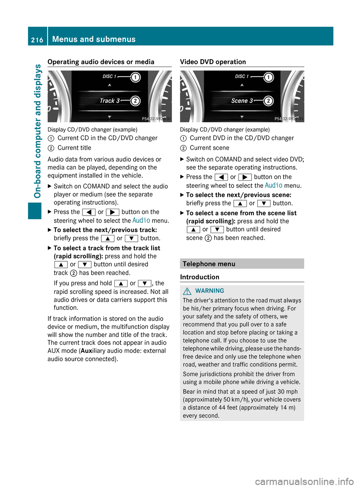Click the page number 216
click(x=37, y=40)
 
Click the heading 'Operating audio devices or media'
click(x=101, y=62)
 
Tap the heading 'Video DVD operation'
click(x=213, y=62)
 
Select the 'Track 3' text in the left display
click(x=109, y=101)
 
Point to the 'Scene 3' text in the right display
click(x=242, y=101)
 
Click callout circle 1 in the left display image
click(x=135, y=77)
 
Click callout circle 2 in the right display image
click(x=268, y=101)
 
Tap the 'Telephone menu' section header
click(x=209, y=264)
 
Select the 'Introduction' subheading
click(x=199, y=277)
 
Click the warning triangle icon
click(x=187, y=291)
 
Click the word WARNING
click(x=210, y=291)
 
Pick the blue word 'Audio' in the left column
click(x=141, y=220)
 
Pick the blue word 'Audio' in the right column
click(x=273, y=185)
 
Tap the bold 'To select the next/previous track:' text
click(x=105, y=230)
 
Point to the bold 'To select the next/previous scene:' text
click(x=238, y=195)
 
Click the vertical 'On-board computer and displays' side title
click(x=37, y=131)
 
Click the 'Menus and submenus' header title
click(x=94, y=39)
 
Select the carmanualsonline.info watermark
click(x=304, y=481)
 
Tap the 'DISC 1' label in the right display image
click(x=241, y=76)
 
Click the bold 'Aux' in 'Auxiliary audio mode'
click(x=86, y=351)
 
